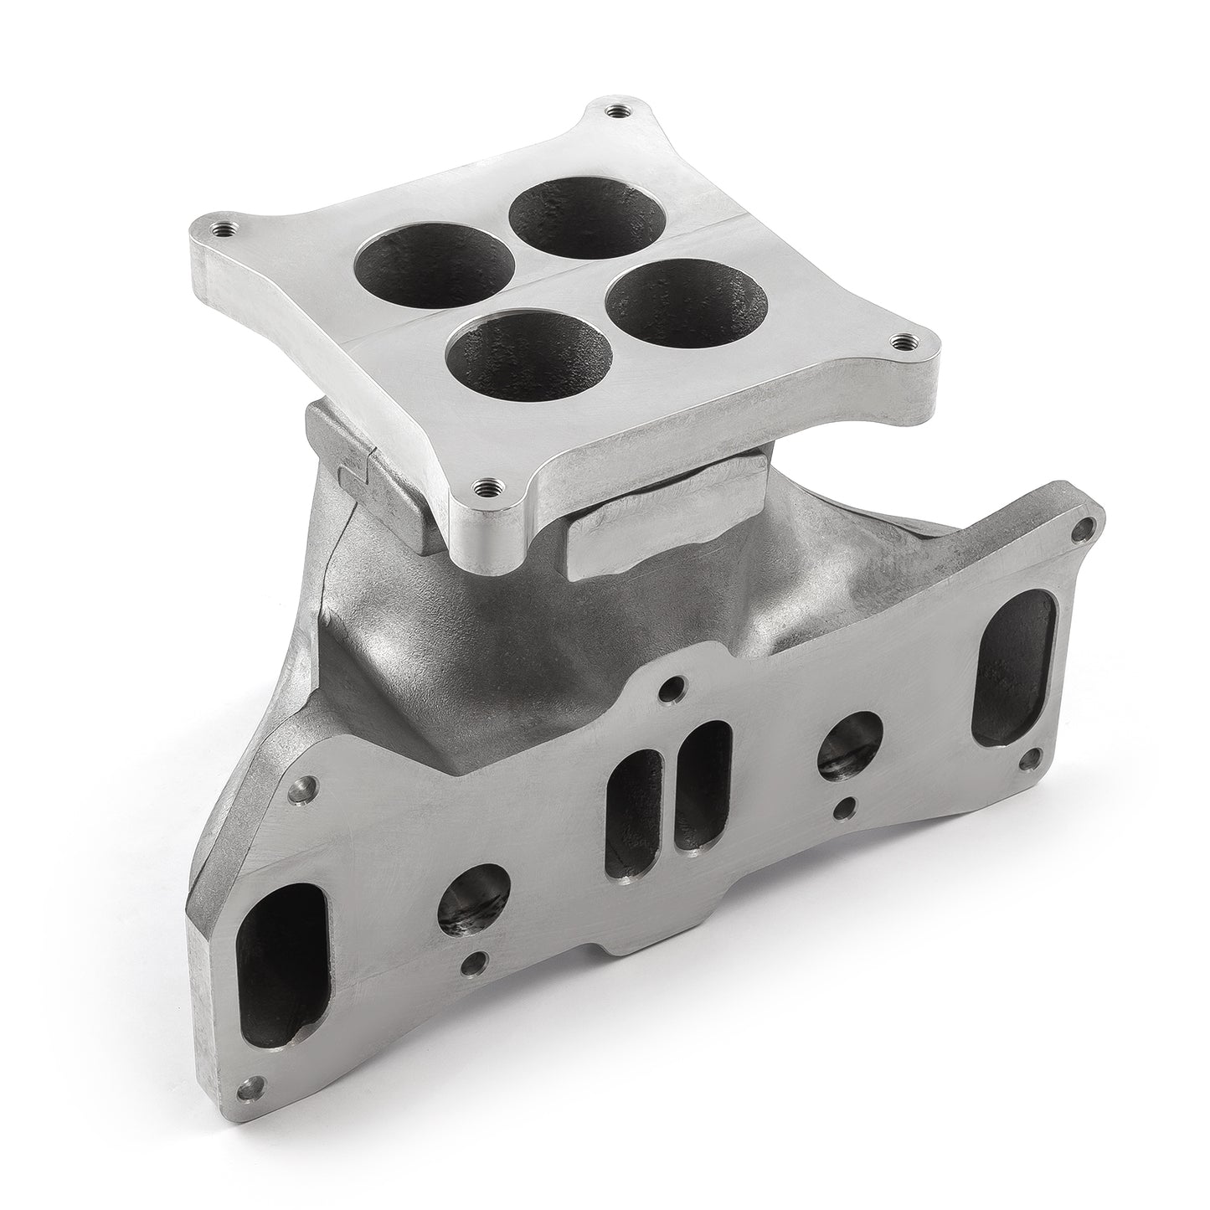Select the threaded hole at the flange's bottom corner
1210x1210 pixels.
tap(484, 483)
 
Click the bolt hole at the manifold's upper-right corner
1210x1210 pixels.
tap(1086, 528)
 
